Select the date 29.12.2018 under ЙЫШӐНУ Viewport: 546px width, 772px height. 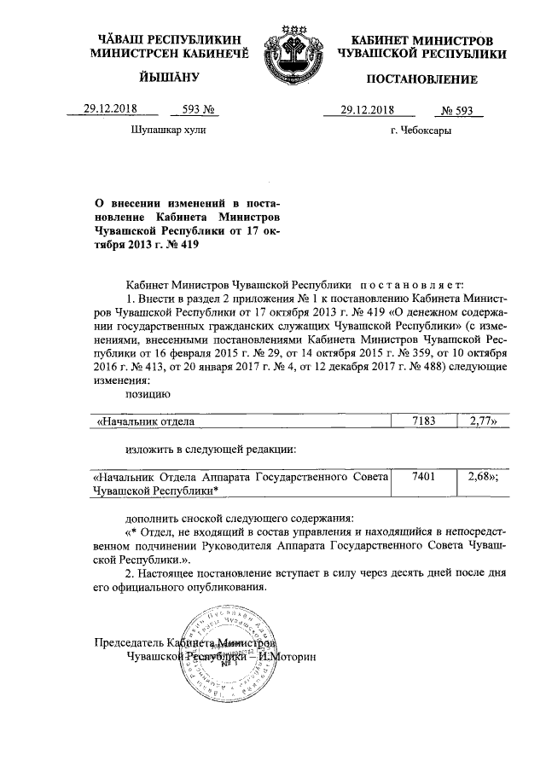109,108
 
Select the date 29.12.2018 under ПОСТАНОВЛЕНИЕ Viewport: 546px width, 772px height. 367,109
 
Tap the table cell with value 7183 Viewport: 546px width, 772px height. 423,421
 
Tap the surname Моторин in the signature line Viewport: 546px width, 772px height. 292,659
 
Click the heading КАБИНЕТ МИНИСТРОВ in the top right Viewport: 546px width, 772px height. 421,41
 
